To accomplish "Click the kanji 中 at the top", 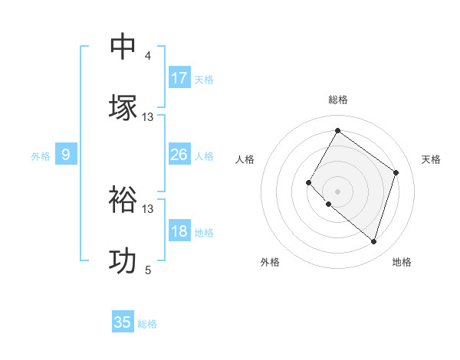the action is click(x=123, y=46).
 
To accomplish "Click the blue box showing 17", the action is click(x=179, y=77).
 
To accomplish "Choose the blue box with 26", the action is click(x=179, y=155).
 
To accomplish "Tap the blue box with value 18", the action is click(x=179, y=231).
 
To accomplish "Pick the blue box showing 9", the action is click(x=66, y=155).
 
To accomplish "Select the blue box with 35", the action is click(x=123, y=322).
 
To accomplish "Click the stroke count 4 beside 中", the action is click(x=148, y=56).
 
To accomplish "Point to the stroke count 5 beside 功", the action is click(x=148, y=270).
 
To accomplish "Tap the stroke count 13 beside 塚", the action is click(x=148, y=117).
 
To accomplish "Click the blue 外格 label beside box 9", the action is click(x=41, y=155).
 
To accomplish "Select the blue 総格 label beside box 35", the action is click(x=147, y=323).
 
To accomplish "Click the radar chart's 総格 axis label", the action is click(x=337, y=100).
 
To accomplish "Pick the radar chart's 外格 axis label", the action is click(x=270, y=262).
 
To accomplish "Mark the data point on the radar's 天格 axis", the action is click(x=396, y=172).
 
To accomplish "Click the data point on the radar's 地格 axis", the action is click(x=374, y=242).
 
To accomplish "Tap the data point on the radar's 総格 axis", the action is click(x=337, y=131).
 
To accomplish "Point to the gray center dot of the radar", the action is click(x=337, y=191).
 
